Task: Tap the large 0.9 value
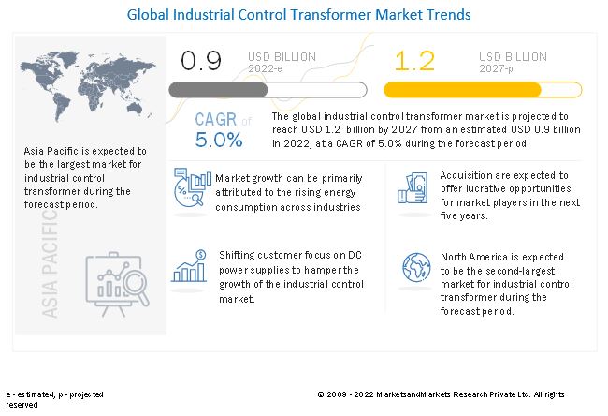201,61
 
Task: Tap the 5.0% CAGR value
219,141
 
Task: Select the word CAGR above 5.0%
215,120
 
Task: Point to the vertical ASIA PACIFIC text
48,253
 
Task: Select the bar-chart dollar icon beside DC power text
190,267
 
